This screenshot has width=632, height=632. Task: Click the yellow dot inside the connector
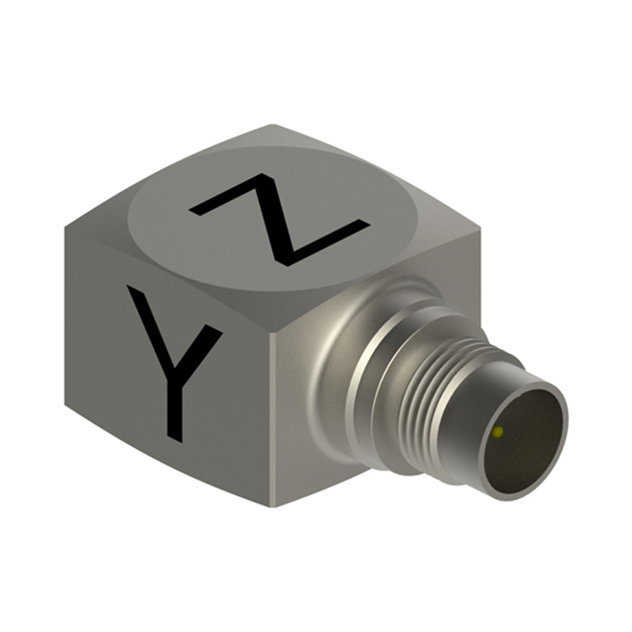498,432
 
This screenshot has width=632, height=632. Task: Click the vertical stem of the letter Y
176,403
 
